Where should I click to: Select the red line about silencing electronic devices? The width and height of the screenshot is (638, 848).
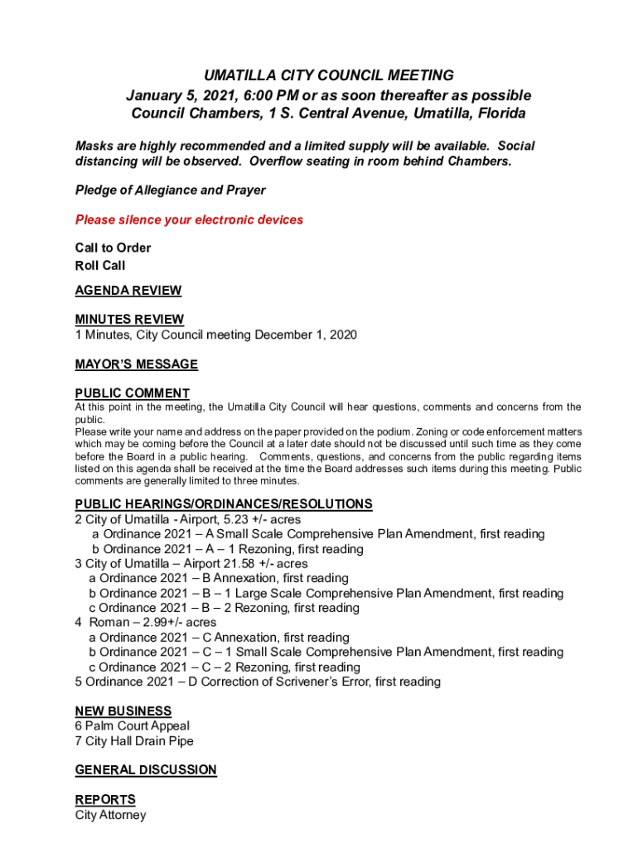(189, 219)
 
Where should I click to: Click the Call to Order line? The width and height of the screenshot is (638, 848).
(113, 248)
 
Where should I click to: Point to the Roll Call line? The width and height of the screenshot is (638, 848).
(100, 266)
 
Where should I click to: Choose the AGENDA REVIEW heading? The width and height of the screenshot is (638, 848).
(128, 291)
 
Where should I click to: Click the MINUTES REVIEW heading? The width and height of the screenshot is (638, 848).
(129, 320)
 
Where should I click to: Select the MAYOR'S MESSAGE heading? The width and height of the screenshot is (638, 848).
(137, 364)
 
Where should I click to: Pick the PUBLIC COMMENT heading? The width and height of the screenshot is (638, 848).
(133, 393)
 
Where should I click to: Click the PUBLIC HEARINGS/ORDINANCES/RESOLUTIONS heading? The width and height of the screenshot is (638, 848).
(224, 504)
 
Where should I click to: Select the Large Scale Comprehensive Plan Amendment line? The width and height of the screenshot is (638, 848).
(326, 593)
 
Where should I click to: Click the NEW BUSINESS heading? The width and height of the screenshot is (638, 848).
(123, 711)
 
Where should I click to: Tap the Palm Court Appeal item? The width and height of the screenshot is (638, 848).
(133, 726)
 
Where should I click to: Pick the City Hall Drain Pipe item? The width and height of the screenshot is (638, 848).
(134, 741)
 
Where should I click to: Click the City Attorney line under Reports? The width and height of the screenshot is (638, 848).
(110, 815)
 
